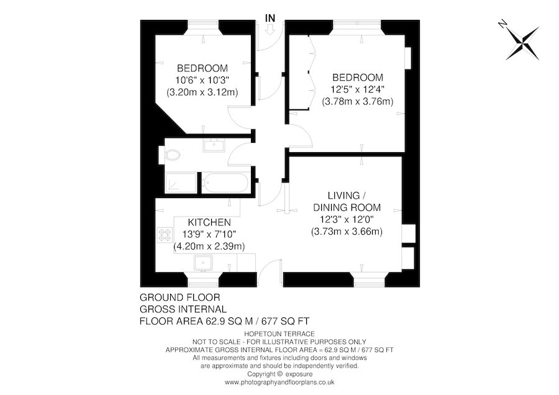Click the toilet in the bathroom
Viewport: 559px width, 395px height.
pos(173,155)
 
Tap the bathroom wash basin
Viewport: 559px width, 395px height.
pos(214,145)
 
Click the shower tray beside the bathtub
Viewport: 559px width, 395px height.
pos(181,183)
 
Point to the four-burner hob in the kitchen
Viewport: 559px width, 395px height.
pos(165,235)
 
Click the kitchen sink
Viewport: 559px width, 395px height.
pos(203,263)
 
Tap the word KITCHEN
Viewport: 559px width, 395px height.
pos(209,222)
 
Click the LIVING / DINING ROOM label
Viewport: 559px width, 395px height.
pos(347,201)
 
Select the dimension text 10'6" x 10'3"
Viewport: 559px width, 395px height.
pos(202,80)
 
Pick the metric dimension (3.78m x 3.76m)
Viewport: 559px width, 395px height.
pos(358,102)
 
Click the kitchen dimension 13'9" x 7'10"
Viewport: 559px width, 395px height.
pos(209,234)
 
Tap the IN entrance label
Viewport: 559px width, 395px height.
pos(270,18)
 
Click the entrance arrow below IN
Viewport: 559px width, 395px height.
pos(270,30)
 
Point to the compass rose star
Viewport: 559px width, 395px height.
pos(523,43)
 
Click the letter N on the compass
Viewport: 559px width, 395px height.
pos(502,24)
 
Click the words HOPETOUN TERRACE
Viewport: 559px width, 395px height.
pos(279,334)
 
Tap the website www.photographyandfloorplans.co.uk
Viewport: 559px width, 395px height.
pos(279,383)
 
